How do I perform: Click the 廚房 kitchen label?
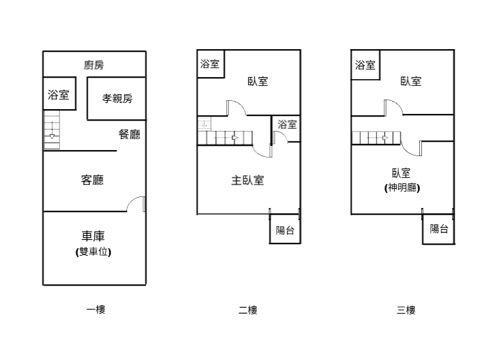[x=94, y=65]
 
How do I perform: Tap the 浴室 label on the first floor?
[x=58, y=95]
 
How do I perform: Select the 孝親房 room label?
[x=117, y=98]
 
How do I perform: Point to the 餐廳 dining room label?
[x=130, y=134]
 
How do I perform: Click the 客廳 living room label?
[x=92, y=180]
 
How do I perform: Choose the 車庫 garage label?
[x=93, y=237]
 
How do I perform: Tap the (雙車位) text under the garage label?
[x=93, y=252]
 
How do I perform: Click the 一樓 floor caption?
[x=95, y=310]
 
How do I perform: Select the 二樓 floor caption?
[x=247, y=310]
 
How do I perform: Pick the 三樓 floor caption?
[x=406, y=310]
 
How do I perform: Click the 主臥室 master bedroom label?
[x=248, y=181]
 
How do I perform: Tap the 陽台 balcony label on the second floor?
[x=285, y=230]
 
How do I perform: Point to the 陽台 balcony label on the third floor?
[x=439, y=229]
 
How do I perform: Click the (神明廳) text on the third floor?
[x=402, y=188]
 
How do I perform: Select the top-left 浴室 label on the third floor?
[x=365, y=65]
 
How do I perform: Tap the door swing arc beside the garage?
[x=137, y=202]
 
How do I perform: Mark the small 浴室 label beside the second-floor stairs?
[x=287, y=125]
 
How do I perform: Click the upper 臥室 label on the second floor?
[x=258, y=82]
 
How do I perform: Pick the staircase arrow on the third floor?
[x=386, y=138]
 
